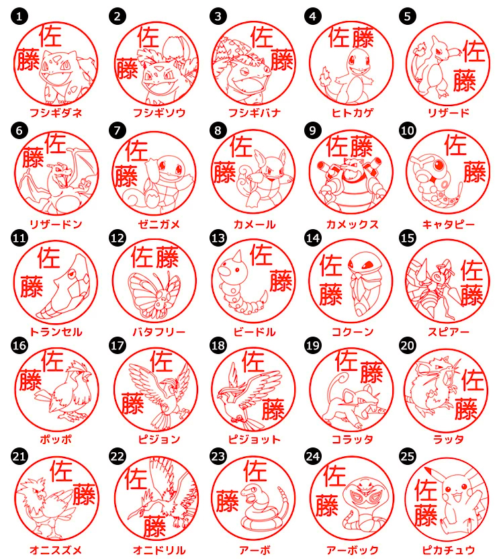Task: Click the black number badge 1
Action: click(19, 16)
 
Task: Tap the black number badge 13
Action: click(218, 238)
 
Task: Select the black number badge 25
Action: click(408, 457)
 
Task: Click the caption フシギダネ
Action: click(56, 113)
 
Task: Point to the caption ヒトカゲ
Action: click(353, 113)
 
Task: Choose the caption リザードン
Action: click(56, 224)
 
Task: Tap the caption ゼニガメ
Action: click(159, 224)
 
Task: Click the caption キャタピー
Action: click(449, 224)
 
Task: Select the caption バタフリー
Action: click(159, 333)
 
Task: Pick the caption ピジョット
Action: click(255, 439)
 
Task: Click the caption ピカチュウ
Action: click(449, 550)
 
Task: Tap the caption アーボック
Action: click(353, 550)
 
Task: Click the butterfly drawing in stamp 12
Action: click(154, 295)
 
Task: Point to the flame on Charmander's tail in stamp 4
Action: click(326, 75)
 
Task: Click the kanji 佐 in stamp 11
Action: click(49, 258)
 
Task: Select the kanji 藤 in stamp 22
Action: click(155, 526)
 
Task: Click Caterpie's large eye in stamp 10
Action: click(439, 165)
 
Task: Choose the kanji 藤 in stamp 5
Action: click(465, 80)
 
